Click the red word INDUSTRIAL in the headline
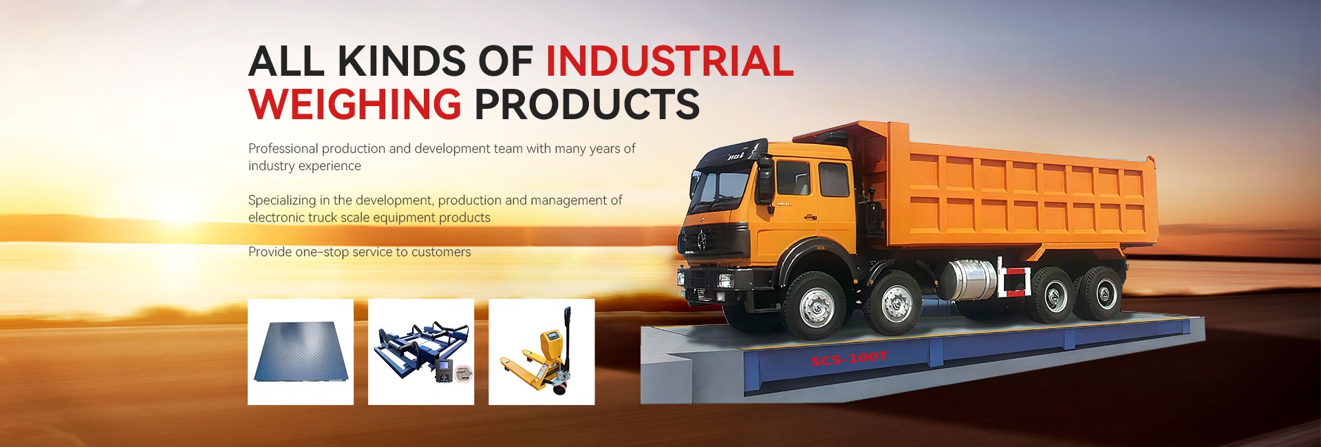[x=669, y=61]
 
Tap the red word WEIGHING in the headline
[x=354, y=104]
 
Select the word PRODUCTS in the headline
[x=587, y=104]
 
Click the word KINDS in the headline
[x=401, y=61]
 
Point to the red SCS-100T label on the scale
[x=849, y=359]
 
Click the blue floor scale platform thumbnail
[x=301, y=352]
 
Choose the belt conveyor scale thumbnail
[x=421, y=352]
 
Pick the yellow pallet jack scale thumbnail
[x=541, y=352]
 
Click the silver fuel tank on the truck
[x=968, y=280]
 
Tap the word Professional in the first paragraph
[x=283, y=149]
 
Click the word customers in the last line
[x=441, y=253]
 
